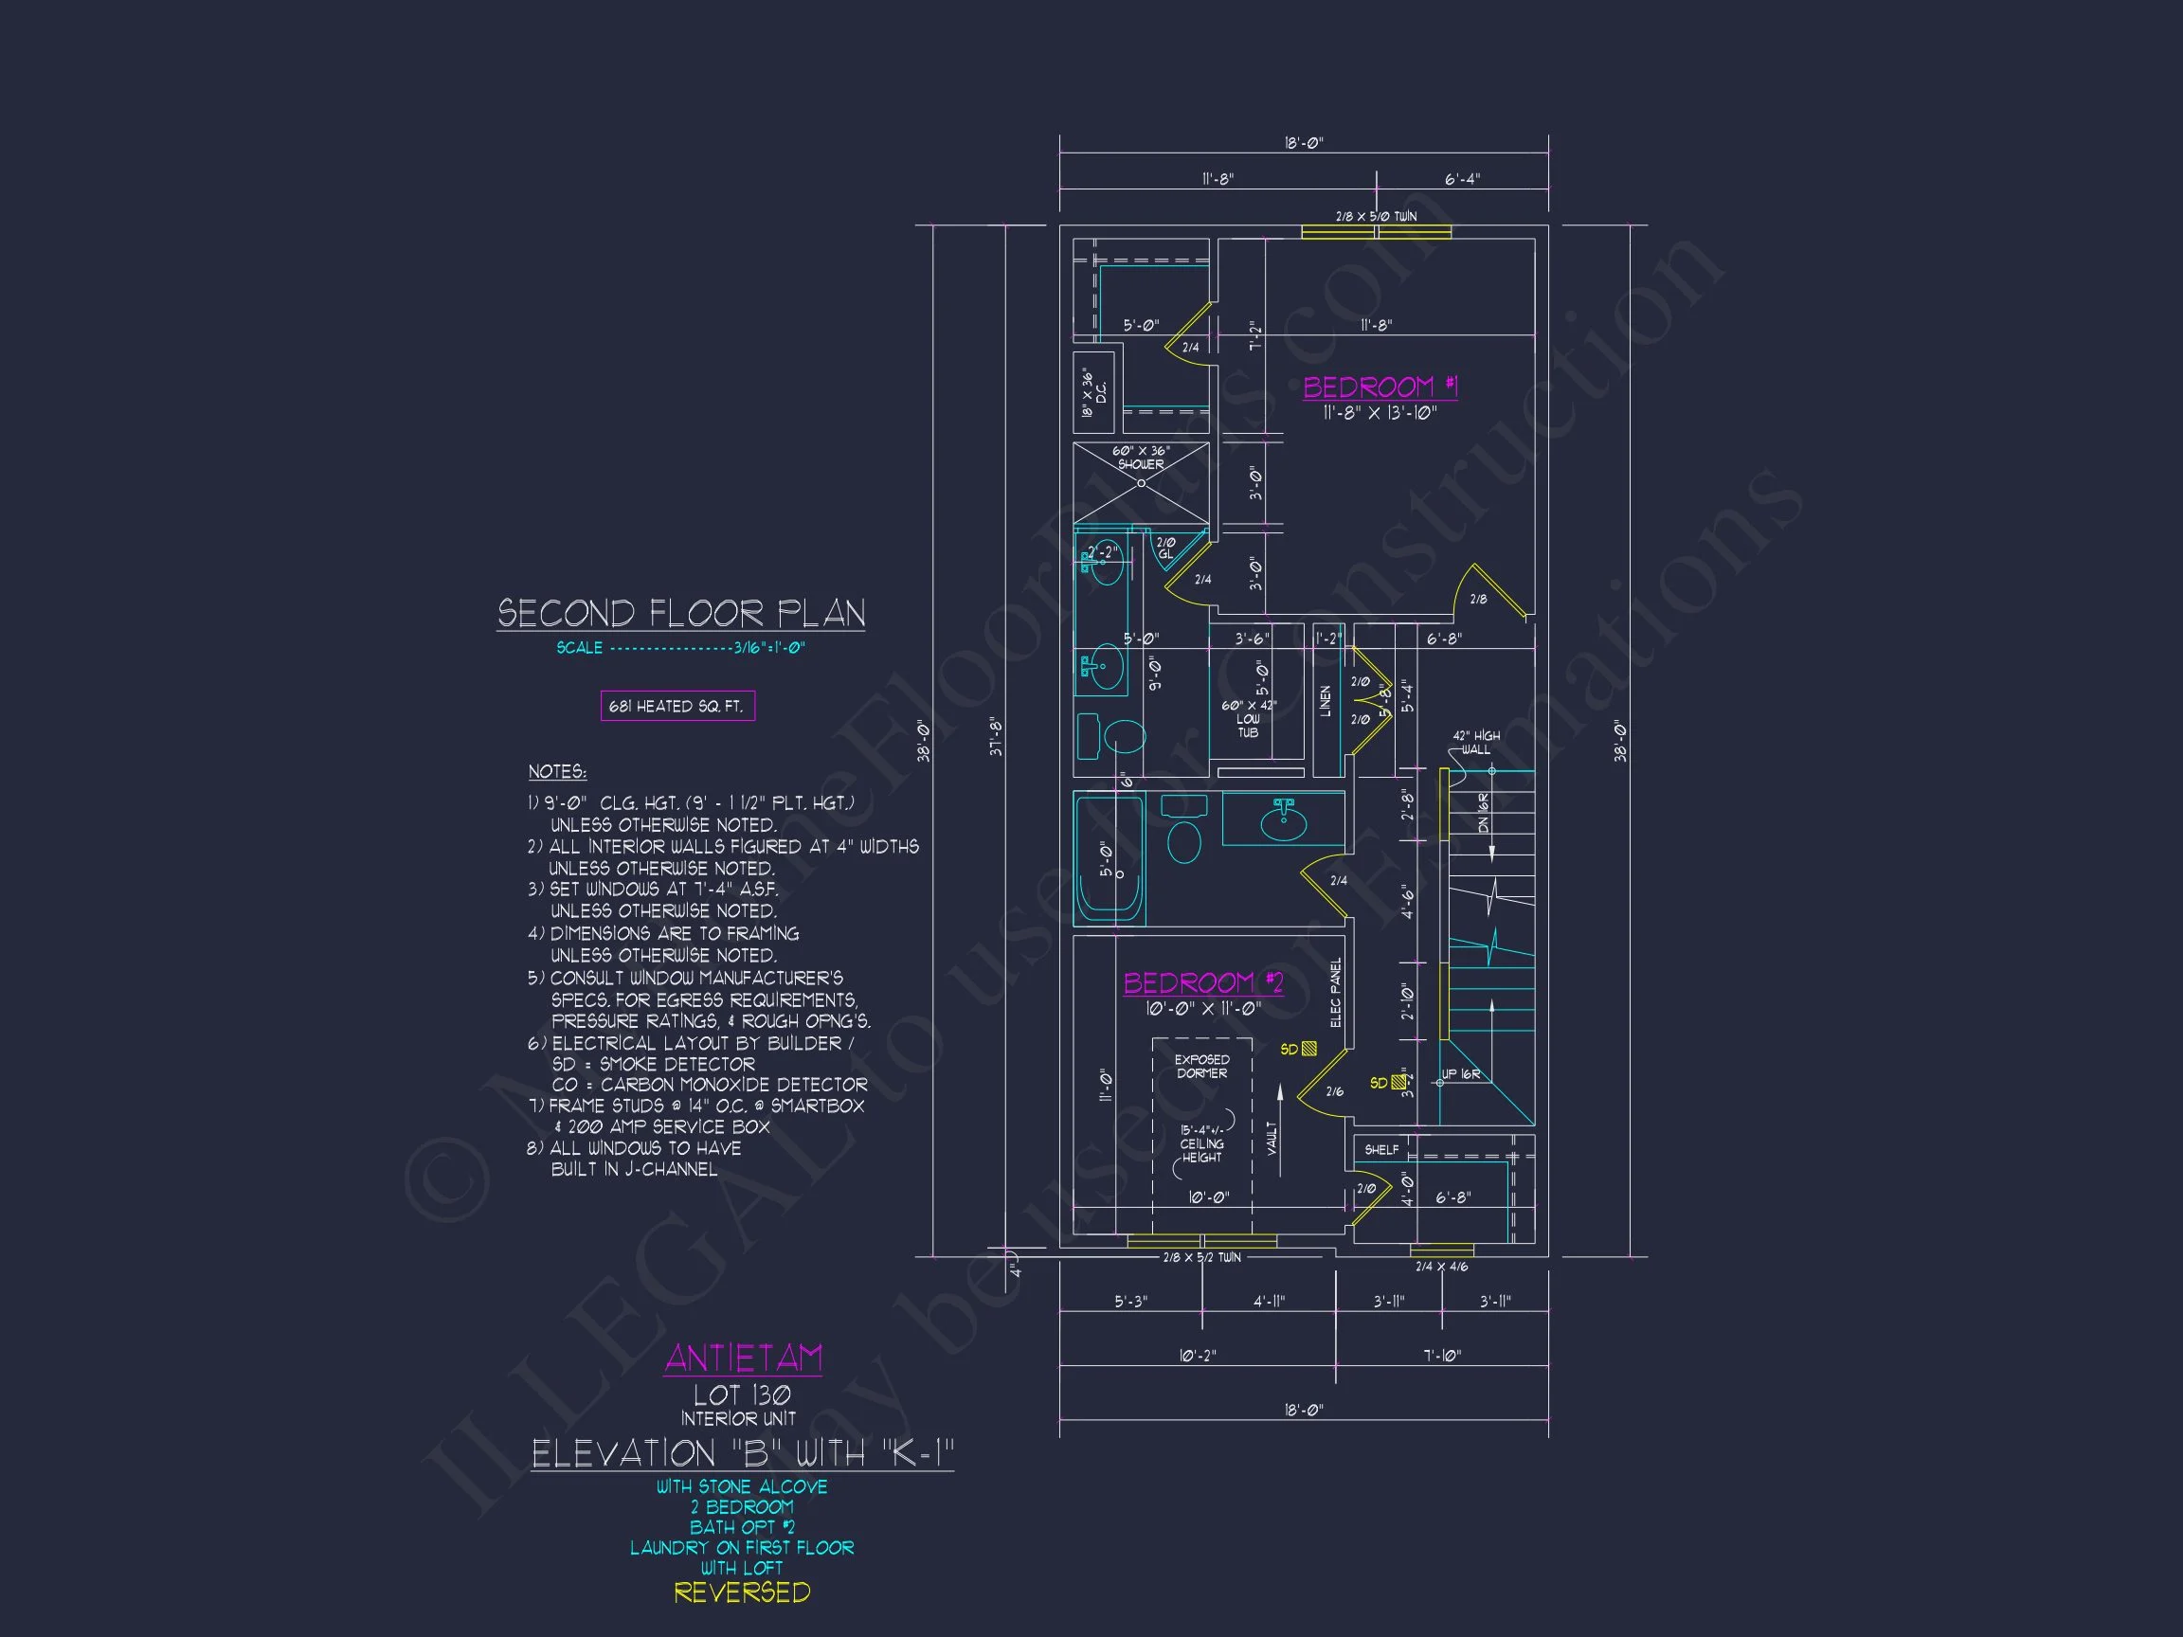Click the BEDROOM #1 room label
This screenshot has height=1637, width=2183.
[x=1380, y=387]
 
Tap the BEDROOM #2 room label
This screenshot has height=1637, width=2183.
[x=1203, y=982]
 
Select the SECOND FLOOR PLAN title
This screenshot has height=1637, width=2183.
[x=681, y=614]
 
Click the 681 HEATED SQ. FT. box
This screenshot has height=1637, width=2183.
[x=677, y=707]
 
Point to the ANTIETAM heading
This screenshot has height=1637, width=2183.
[x=743, y=1358]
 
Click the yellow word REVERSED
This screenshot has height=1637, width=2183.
[x=742, y=1592]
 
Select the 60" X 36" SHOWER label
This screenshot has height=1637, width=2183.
[x=1141, y=458]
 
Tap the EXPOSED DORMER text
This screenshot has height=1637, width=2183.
[x=1201, y=1067]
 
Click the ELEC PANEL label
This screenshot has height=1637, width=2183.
[x=1336, y=993]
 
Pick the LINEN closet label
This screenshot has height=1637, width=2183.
[x=1326, y=702]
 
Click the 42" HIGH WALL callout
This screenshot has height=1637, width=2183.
[x=1475, y=742]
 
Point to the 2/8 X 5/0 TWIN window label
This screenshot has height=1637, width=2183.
[x=1376, y=216]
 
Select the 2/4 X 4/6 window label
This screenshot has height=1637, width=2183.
[x=1441, y=1267]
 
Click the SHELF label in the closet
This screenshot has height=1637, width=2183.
[x=1380, y=1149]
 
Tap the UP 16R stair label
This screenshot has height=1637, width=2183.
[x=1460, y=1074]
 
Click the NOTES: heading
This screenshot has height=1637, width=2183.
[x=556, y=772]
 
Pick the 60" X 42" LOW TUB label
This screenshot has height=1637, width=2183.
[x=1249, y=719]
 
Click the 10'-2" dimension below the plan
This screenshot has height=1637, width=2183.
[x=1197, y=1357]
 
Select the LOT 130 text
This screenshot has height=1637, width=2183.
[x=741, y=1395]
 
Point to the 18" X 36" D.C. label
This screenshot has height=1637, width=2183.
[x=1093, y=393]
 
